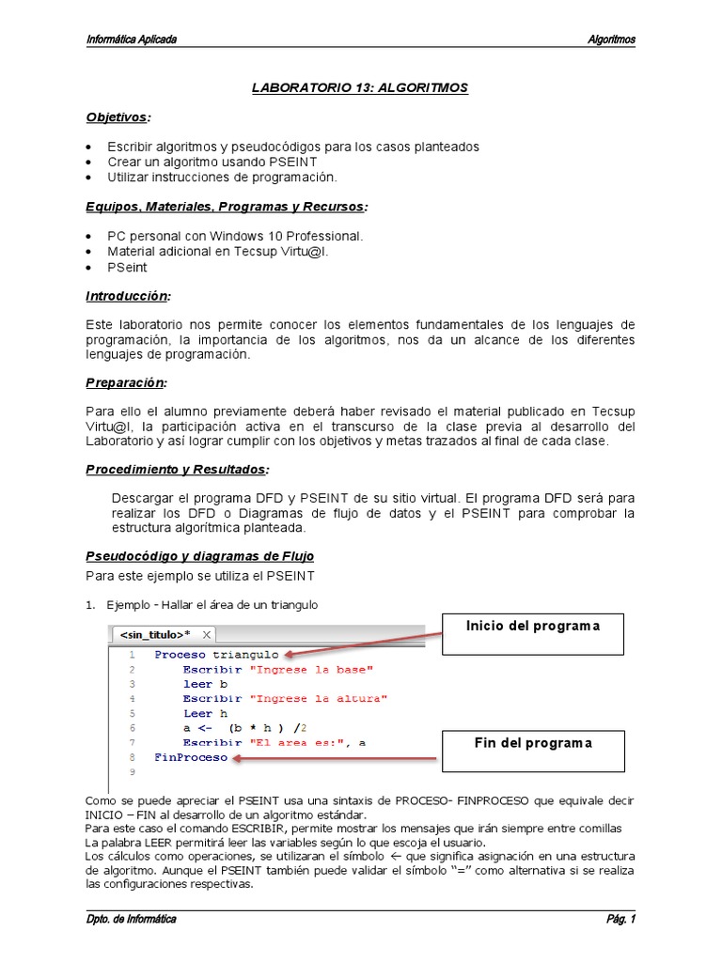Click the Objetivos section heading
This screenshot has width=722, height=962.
click(118, 117)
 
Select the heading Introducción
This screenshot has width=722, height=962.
click(128, 297)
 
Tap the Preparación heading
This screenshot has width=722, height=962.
click(126, 383)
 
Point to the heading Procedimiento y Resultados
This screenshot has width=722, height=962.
click(177, 469)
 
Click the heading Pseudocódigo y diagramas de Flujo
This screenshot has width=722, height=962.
click(199, 556)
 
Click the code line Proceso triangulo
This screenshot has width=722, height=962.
click(216, 654)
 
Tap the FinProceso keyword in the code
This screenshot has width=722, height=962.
click(191, 756)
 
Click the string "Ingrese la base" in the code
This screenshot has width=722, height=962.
click(311, 669)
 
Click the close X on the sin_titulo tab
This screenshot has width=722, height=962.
click(207, 634)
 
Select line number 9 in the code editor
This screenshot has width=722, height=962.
click(133, 772)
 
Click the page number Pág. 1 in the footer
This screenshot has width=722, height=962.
click(620, 919)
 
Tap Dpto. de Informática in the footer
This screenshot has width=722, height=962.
click(131, 919)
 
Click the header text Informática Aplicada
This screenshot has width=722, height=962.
click(132, 39)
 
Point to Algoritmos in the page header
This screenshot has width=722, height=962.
click(611, 39)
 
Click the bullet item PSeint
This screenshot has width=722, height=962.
click(127, 267)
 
